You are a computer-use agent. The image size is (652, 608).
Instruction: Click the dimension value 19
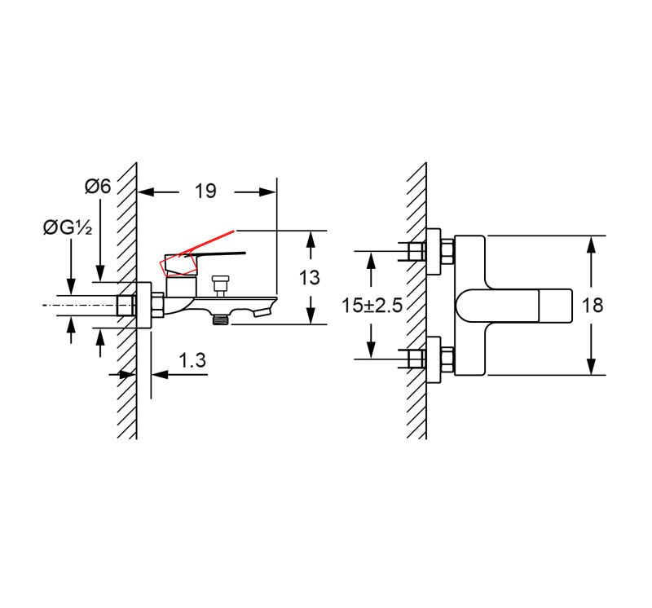click(x=206, y=191)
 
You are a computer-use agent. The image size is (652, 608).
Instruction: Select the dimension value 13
click(x=310, y=277)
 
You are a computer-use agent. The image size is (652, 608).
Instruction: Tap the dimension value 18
click(x=593, y=306)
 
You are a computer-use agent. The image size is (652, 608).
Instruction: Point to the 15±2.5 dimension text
click(x=372, y=306)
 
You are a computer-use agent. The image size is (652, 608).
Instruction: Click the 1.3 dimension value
click(x=192, y=360)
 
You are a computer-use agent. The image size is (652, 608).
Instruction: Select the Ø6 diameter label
click(x=98, y=186)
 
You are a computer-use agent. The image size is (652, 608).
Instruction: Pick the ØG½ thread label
click(x=68, y=227)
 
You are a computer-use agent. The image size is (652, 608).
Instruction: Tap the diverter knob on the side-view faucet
click(x=220, y=284)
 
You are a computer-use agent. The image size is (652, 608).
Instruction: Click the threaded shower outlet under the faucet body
click(x=220, y=319)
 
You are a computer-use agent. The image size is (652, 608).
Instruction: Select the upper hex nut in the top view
click(x=447, y=252)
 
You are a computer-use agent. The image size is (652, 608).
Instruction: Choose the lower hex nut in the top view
click(x=447, y=359)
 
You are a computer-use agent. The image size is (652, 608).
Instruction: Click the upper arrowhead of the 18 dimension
click(x=592, y=245)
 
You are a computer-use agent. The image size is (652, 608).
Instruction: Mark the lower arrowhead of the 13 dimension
click(x=311, y=315)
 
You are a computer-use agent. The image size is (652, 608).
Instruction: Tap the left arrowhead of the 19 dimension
click(x=146, y=192)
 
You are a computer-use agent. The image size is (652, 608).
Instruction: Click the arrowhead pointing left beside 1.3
click(x=160, y=374)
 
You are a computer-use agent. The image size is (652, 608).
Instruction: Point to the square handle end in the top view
click(x=555, y=306)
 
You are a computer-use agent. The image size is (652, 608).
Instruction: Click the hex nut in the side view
click(x=157, y=306)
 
